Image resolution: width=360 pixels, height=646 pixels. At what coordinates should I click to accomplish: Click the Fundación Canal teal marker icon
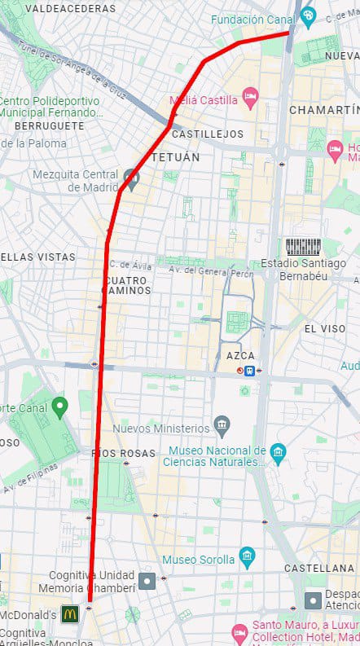[x=308, y=15]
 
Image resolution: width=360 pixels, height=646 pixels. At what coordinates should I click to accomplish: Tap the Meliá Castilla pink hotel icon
[x=251, y=99]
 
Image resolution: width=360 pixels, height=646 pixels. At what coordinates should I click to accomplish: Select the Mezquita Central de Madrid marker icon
[x=131, y=176]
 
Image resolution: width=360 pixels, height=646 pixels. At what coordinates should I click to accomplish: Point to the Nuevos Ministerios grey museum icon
[x=222, y=425]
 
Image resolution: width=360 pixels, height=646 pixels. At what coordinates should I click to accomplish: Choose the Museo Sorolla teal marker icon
[x=248, y=558]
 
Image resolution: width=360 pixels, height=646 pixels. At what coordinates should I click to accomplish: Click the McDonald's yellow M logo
[x=69, y=613]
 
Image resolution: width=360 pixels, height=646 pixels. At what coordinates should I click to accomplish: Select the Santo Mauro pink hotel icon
[x=239, y=632]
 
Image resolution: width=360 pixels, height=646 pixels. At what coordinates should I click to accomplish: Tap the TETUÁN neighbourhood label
[x=174, y=156]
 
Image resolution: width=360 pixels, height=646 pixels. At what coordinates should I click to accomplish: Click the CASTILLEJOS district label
[x=209, y=133]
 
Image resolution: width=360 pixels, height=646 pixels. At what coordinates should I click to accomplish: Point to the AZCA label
[x=239, y=355]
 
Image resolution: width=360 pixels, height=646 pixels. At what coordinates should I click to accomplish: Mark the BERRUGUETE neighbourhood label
[x=49, y=126]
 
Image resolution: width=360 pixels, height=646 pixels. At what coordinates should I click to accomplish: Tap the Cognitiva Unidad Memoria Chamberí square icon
[x=147, y=581]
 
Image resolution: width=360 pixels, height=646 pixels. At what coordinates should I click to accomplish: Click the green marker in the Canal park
[x=59, y=406]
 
